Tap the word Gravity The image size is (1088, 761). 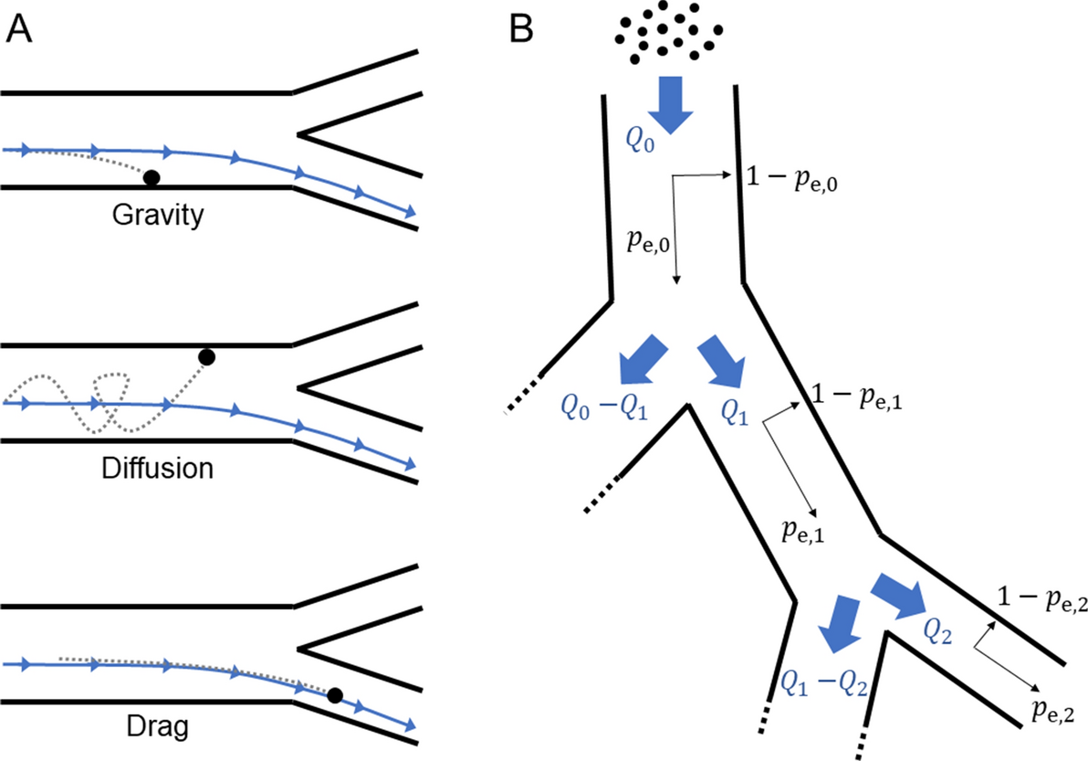click(157, 218)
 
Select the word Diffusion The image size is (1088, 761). click(157, 470)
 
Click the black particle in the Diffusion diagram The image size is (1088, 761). click(207, 356)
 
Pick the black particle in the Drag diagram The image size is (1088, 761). click(335, 696)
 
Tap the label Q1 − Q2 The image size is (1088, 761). click(823, 681)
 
